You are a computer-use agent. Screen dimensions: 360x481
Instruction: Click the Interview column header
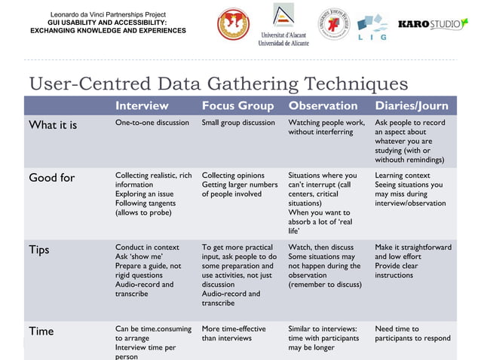(142, 105)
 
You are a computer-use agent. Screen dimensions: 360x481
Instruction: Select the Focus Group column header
(238, 105)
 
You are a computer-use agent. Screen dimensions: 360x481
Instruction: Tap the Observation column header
(323, 105)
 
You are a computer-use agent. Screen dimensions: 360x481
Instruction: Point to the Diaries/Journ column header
(412, 105)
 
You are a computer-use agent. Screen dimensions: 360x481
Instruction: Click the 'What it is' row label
(53, 125)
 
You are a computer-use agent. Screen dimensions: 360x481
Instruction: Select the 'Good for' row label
(52, 178)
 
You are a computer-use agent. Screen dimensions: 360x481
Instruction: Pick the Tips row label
(40, 249)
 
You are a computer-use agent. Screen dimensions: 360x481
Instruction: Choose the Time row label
(41, 331)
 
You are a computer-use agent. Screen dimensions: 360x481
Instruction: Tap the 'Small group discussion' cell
(238, 123)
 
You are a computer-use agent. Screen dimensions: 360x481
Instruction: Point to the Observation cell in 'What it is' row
(326, 127)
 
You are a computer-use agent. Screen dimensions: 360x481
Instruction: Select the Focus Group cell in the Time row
(234, 334)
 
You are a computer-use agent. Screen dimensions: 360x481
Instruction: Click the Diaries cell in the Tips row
(413, 261)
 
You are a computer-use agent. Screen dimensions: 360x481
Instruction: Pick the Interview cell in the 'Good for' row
(153, 194)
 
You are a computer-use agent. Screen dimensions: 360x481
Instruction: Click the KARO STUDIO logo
(433, 24)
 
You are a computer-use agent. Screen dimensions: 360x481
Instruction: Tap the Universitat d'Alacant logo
(283, 24)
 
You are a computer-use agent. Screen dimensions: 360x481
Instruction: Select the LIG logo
(372, 27)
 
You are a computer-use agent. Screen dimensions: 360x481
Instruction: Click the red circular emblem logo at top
(233, 24)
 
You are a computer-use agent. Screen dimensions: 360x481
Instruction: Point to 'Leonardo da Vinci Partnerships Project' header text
(108, 14)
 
